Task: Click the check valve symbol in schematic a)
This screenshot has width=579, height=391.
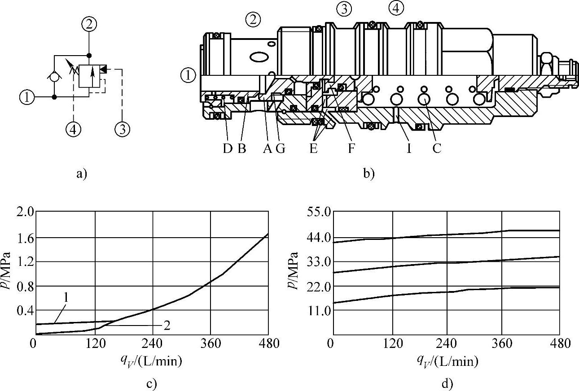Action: click(x=54, y=77)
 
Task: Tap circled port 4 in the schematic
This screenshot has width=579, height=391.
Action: click(x=74, y=129)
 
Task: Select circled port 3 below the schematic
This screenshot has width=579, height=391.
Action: click(x=122, y=129)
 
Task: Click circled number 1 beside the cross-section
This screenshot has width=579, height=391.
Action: click(x=188, y=75)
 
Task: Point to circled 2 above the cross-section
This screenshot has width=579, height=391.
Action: click(x=253, y=20)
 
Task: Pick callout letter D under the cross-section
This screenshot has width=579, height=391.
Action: click(x=228, y=148)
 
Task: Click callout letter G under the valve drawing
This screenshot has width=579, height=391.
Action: click(x=281, y=148)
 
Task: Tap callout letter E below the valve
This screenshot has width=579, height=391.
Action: click(x=314, y=148)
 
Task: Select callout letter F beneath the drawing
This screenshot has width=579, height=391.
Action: click(x=351, y=148)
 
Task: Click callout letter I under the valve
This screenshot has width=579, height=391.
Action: click(x=408, y=148)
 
